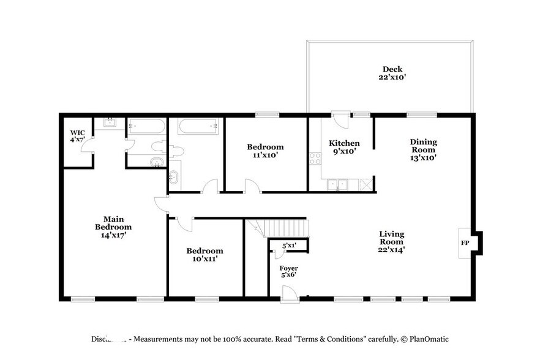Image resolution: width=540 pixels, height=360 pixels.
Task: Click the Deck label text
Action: [392, 73]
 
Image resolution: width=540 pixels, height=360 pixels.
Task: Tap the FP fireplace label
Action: [464, 242]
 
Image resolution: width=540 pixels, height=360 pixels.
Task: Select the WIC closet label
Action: [77, 135]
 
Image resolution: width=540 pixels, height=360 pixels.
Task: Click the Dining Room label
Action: [423, 149]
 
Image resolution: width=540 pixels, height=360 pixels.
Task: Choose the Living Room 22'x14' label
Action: [391, 241]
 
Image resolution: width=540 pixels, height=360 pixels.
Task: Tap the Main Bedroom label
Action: [113, 226]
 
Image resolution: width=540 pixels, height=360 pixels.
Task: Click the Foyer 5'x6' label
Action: [289, 271]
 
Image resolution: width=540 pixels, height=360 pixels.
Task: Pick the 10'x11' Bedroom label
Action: [204, 255]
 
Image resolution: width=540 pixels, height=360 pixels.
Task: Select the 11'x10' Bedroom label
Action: [265, 151]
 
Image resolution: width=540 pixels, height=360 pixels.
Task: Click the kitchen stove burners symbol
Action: [315, 159]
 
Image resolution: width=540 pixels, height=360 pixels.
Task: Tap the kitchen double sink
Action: [337, 183]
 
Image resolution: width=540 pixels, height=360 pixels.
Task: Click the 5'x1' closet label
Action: [289, 246]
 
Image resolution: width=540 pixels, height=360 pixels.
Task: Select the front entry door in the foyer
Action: [289, 295]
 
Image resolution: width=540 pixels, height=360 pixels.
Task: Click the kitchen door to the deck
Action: [340, 118]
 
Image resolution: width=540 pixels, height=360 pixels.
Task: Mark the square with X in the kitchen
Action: [366, 183]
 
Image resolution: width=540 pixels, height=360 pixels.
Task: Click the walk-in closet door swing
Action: [88, 144]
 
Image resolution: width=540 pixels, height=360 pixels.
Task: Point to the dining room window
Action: [422, 114]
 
